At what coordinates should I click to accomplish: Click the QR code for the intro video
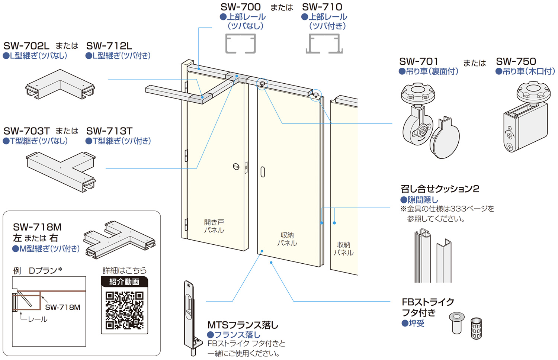[124, 311]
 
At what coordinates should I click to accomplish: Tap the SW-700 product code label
[240, 7]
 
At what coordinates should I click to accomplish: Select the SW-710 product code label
[322, 7]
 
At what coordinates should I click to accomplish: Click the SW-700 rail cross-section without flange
[240, 44]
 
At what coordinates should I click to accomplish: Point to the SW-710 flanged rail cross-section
[324, 44]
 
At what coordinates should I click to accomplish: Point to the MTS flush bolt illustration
[190, 318]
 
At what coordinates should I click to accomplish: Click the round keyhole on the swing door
[236, 166]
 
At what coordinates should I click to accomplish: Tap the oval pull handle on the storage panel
[263, 172]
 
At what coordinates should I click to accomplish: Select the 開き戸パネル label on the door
[214, 226]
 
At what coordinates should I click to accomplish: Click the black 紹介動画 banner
[124, 282]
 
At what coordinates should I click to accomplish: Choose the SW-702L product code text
[26, 46]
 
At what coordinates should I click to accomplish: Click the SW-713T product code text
[109, 131]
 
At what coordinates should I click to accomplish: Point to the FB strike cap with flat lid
[456, 322]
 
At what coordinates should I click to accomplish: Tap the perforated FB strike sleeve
[476, 328]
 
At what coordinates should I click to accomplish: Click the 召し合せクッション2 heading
[439, 189]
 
